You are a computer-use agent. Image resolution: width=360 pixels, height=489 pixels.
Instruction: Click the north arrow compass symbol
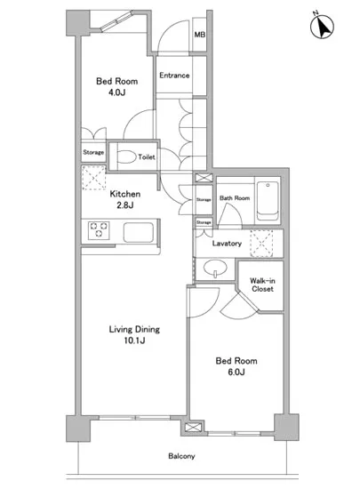(x=322, y=26)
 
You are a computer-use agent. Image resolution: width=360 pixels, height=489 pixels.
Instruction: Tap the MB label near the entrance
(x=200, y=35)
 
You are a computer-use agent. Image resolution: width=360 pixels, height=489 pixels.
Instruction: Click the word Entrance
(x=174, y=76)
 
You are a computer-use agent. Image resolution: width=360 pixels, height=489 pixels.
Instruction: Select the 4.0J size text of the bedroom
(x=116, y=92)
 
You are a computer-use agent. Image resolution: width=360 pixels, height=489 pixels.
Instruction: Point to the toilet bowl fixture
(x=127, y=156)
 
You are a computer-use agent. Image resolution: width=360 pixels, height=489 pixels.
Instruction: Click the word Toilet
(x=147, y=156)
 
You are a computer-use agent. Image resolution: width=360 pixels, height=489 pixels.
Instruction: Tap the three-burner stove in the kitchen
(x=99, y=230)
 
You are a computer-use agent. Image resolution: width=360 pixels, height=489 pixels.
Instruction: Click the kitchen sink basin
(x=139, y=232)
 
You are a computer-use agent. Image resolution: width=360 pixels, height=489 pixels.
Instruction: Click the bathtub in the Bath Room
(x=268, y=201)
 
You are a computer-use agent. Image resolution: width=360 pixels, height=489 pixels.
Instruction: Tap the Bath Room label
(x=235, y=198)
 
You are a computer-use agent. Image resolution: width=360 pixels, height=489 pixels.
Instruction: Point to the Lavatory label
(x=227, y=244)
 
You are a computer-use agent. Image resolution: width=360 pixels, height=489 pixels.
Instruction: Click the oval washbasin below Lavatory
(x=215, y=268)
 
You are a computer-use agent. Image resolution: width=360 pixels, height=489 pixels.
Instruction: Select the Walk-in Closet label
(x=262, y=285)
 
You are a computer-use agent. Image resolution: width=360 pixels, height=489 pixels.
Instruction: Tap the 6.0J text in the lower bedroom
(x=236, y=372)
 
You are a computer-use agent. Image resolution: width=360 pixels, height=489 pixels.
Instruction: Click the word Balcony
(x=181, y=456)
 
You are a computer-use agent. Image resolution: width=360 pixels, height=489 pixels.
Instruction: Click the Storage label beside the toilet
(x=93, y=152)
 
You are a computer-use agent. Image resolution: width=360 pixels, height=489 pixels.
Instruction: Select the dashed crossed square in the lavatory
(x=261, y=244)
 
